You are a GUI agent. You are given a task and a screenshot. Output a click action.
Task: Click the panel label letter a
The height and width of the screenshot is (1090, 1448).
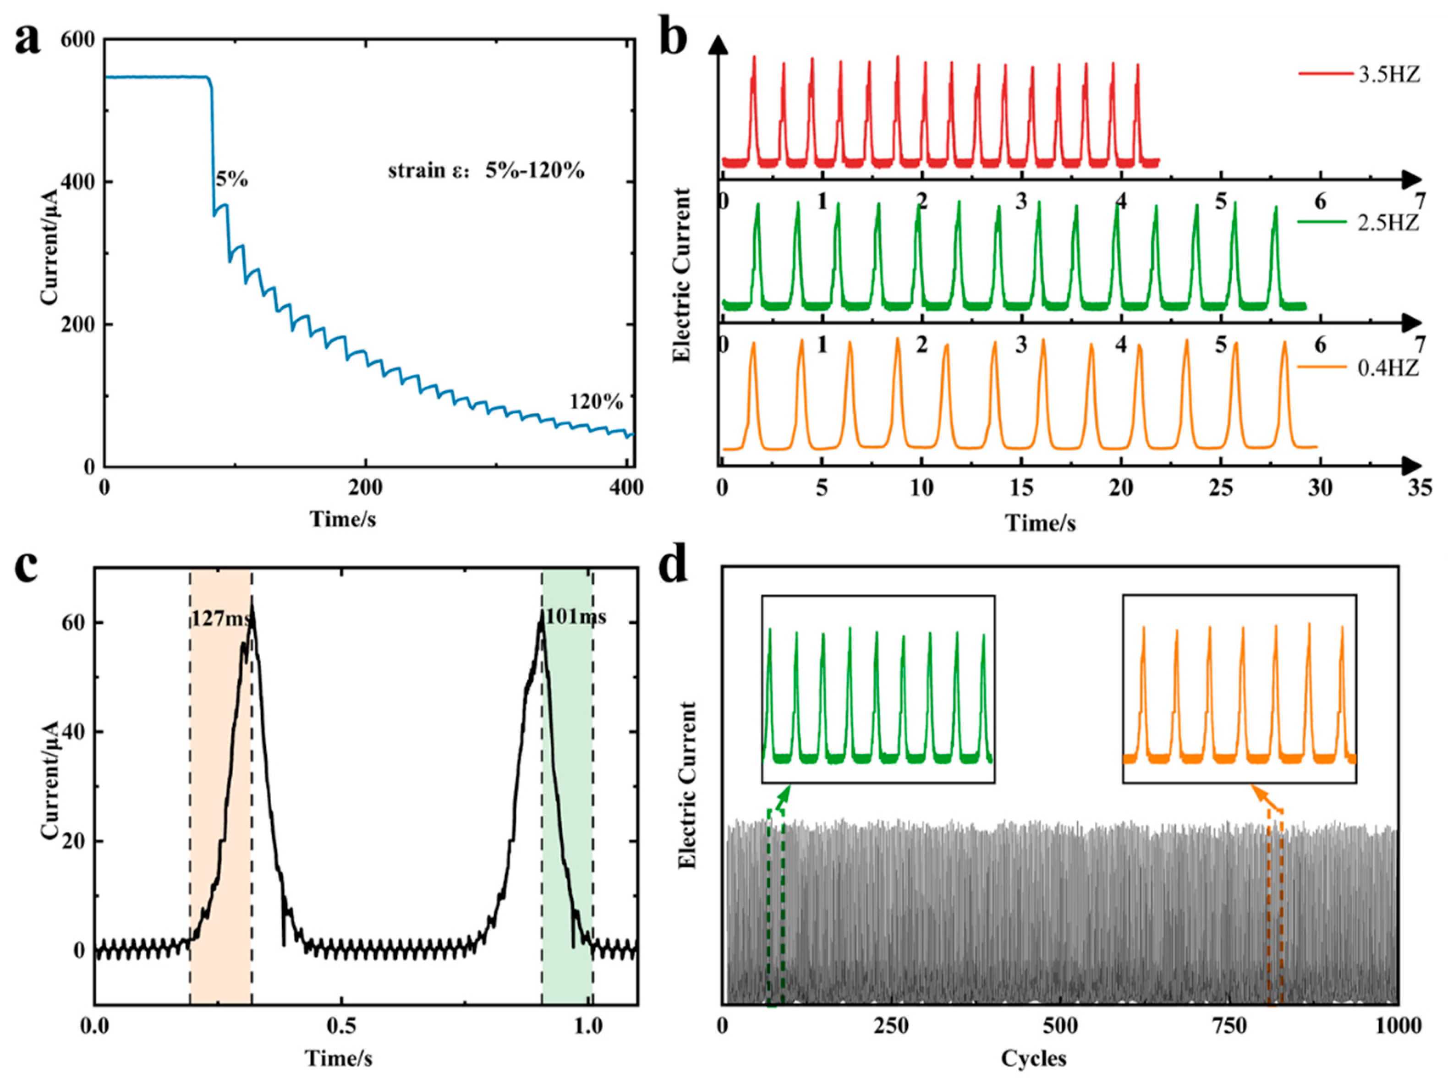click(x=27, y=41)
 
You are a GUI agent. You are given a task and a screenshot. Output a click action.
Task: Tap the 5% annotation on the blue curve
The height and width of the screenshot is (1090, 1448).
click(x=232, y=179)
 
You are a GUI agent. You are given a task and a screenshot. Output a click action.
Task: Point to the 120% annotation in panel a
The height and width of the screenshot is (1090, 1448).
click(x=596, y=401)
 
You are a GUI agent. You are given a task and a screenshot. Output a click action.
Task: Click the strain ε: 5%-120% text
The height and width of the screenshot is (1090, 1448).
click(x=486, y=171)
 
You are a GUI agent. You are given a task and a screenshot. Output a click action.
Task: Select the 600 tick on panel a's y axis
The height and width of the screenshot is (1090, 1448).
click(x=77, y=40)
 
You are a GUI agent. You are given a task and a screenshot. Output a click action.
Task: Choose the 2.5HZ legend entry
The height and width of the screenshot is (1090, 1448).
click(x=1388, y=223)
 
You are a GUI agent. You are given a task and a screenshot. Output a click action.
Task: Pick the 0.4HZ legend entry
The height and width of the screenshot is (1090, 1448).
click(x=1388, y=368)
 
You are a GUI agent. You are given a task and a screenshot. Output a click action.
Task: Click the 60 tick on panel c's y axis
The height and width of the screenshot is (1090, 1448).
click(x=73, y=623)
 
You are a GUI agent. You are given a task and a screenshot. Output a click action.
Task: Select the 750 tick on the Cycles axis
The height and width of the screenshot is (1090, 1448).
click(x=1229, y=1026)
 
